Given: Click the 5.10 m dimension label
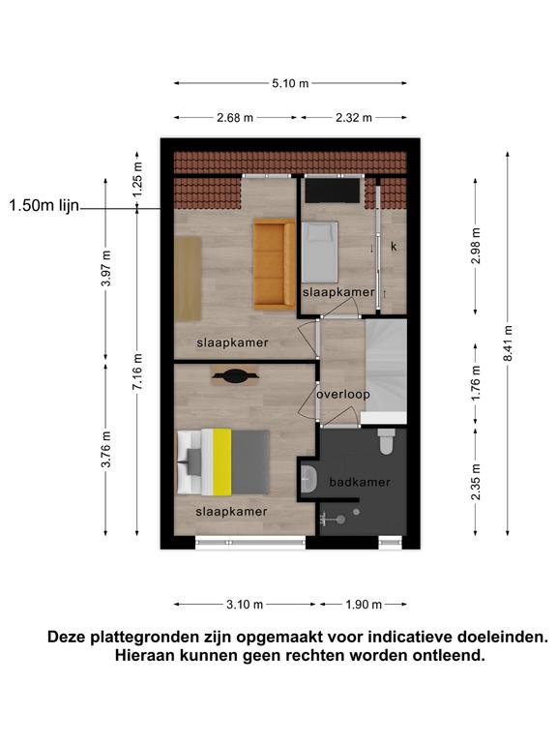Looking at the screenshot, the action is pos(290,83).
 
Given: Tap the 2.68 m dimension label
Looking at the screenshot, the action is pos(235,117).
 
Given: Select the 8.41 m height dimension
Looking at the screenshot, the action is pos(508,343).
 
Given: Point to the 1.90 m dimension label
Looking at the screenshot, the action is pos(364,604).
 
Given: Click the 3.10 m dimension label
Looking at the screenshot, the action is pos(245,604).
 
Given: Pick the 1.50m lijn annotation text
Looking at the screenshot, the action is pos(44,206).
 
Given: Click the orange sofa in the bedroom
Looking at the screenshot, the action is pos(275,264).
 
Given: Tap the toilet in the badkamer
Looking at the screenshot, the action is pos(387,441).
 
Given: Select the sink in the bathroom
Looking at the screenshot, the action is pos(309,479).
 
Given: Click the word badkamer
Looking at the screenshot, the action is pos(360,483).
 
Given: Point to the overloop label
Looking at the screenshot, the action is pos(343,395).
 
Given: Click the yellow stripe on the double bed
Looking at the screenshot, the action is pos(222,462).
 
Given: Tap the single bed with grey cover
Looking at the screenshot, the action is pos(320,252).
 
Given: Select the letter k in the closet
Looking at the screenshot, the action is pos(394,247).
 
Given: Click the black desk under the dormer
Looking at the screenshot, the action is pos(332,191).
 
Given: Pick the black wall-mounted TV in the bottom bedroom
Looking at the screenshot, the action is pos(236,376).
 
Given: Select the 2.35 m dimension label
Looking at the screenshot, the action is pos(476,482).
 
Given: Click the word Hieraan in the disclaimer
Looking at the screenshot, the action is pos(144,656).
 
